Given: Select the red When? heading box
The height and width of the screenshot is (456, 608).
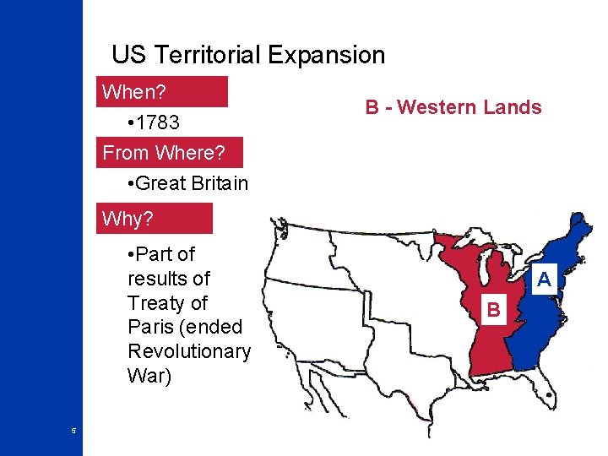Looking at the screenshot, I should point(164,91).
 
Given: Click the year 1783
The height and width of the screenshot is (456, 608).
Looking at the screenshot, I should point(155,122).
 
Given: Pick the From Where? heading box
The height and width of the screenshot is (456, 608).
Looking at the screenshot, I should point(171,153).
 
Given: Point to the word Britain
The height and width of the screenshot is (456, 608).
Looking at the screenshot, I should point(218,183).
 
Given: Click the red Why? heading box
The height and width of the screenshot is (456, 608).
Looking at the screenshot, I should point(155,219).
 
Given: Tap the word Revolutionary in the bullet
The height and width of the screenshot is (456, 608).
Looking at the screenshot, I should point(188,351).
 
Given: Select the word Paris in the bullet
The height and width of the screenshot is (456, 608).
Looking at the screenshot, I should point(154,327).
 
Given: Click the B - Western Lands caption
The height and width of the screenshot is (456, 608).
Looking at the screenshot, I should point(453,107).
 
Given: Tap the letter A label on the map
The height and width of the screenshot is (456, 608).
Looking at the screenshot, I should point(545,279).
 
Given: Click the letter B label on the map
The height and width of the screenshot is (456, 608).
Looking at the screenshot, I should point(494,312).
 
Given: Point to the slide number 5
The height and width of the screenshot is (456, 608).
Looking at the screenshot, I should point(73,431).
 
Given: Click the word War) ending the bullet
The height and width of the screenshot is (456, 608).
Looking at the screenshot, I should point(149,376).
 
